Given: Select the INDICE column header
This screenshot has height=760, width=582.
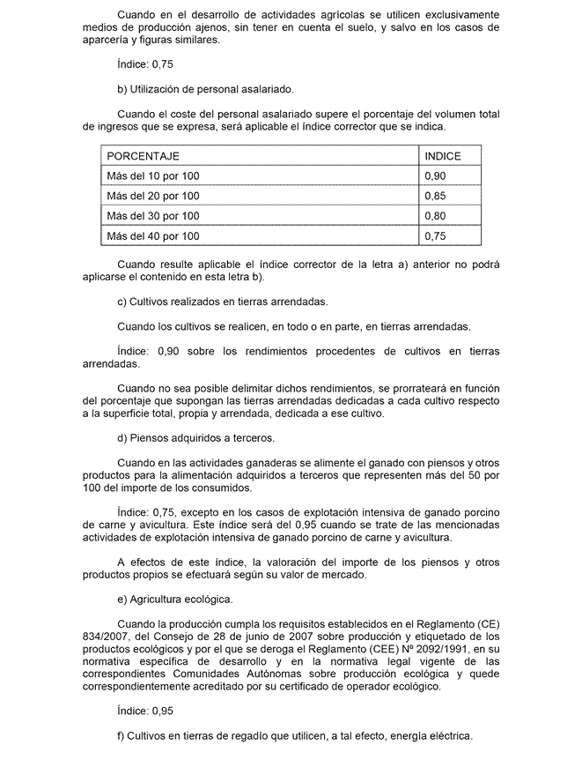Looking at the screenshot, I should point(443,156).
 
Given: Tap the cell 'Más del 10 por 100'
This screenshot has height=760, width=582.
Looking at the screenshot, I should point(152,176).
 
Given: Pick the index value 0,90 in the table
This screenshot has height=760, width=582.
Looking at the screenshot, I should point(435,176).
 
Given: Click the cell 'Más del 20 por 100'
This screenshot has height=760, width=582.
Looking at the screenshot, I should point(152,196).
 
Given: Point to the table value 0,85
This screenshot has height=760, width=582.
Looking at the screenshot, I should point(435,196).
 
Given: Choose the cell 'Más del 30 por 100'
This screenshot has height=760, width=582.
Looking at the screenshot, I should point(152,216).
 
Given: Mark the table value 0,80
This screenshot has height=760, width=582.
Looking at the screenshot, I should point(435,216).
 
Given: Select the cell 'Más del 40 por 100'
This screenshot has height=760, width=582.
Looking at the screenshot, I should point(152,236).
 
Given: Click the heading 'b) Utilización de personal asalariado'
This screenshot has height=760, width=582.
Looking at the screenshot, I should point(204,89).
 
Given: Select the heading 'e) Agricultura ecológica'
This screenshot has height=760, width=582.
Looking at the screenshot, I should point(174,600).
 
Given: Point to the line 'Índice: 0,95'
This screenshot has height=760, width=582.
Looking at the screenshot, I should point(145,710).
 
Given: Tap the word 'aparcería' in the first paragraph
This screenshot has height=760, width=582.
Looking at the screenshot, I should point(106,40).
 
